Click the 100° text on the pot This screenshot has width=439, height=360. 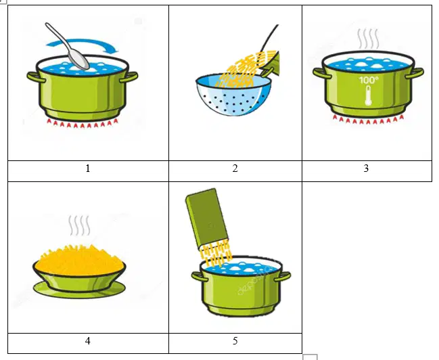(x=369, y=80)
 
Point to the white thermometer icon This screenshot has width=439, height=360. (x=369, y=95)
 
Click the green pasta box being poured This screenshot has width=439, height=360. (x=207, y=219)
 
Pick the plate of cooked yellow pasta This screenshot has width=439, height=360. (x=79, y=269)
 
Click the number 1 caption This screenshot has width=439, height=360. (x=88, y=168)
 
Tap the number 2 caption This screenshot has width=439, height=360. (x=235, y=168)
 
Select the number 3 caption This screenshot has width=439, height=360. (x=366, y=168)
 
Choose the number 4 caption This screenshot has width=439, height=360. (x=88, y=341)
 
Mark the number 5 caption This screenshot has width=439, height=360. (x=235, y=341)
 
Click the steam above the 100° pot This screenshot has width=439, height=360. (x=368, y=39)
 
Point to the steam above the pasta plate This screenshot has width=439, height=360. (x=79, y=225)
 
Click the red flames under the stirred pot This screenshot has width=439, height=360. (x=83, y=123)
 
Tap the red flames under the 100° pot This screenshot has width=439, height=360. (x=368, y=119)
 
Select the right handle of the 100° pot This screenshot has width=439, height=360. (x=414, y=73)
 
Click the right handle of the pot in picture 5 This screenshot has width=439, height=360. (x=282, y=277)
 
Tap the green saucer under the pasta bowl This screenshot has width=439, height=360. (x=79, y=290)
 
